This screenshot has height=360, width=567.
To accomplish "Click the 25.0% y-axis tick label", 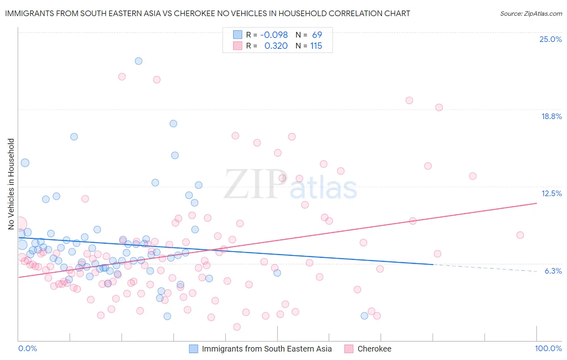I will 550,39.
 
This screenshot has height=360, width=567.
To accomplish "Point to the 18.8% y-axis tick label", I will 551,116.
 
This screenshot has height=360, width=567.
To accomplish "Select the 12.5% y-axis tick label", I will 551,193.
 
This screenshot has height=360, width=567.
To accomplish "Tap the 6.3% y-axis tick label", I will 553,271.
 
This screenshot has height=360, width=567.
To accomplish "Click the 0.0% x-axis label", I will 27,348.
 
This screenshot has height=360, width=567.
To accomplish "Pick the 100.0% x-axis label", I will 548,348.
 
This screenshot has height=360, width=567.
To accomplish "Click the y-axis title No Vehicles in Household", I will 11,184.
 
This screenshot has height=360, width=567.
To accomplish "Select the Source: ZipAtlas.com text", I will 531,14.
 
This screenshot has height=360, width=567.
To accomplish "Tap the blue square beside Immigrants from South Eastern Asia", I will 194,349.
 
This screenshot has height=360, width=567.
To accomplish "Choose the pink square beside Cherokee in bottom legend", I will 349,349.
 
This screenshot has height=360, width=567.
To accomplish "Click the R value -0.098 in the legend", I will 274,35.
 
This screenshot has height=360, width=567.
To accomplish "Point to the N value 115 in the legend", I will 316,46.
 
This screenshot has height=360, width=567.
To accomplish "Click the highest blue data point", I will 138,61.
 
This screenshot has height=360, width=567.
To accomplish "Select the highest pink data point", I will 122,77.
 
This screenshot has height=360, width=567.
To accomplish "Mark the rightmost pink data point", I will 520,235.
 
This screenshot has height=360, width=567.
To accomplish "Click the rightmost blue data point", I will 365,316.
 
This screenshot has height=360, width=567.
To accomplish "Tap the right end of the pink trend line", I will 536,203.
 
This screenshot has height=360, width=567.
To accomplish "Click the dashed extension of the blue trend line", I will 484,268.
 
